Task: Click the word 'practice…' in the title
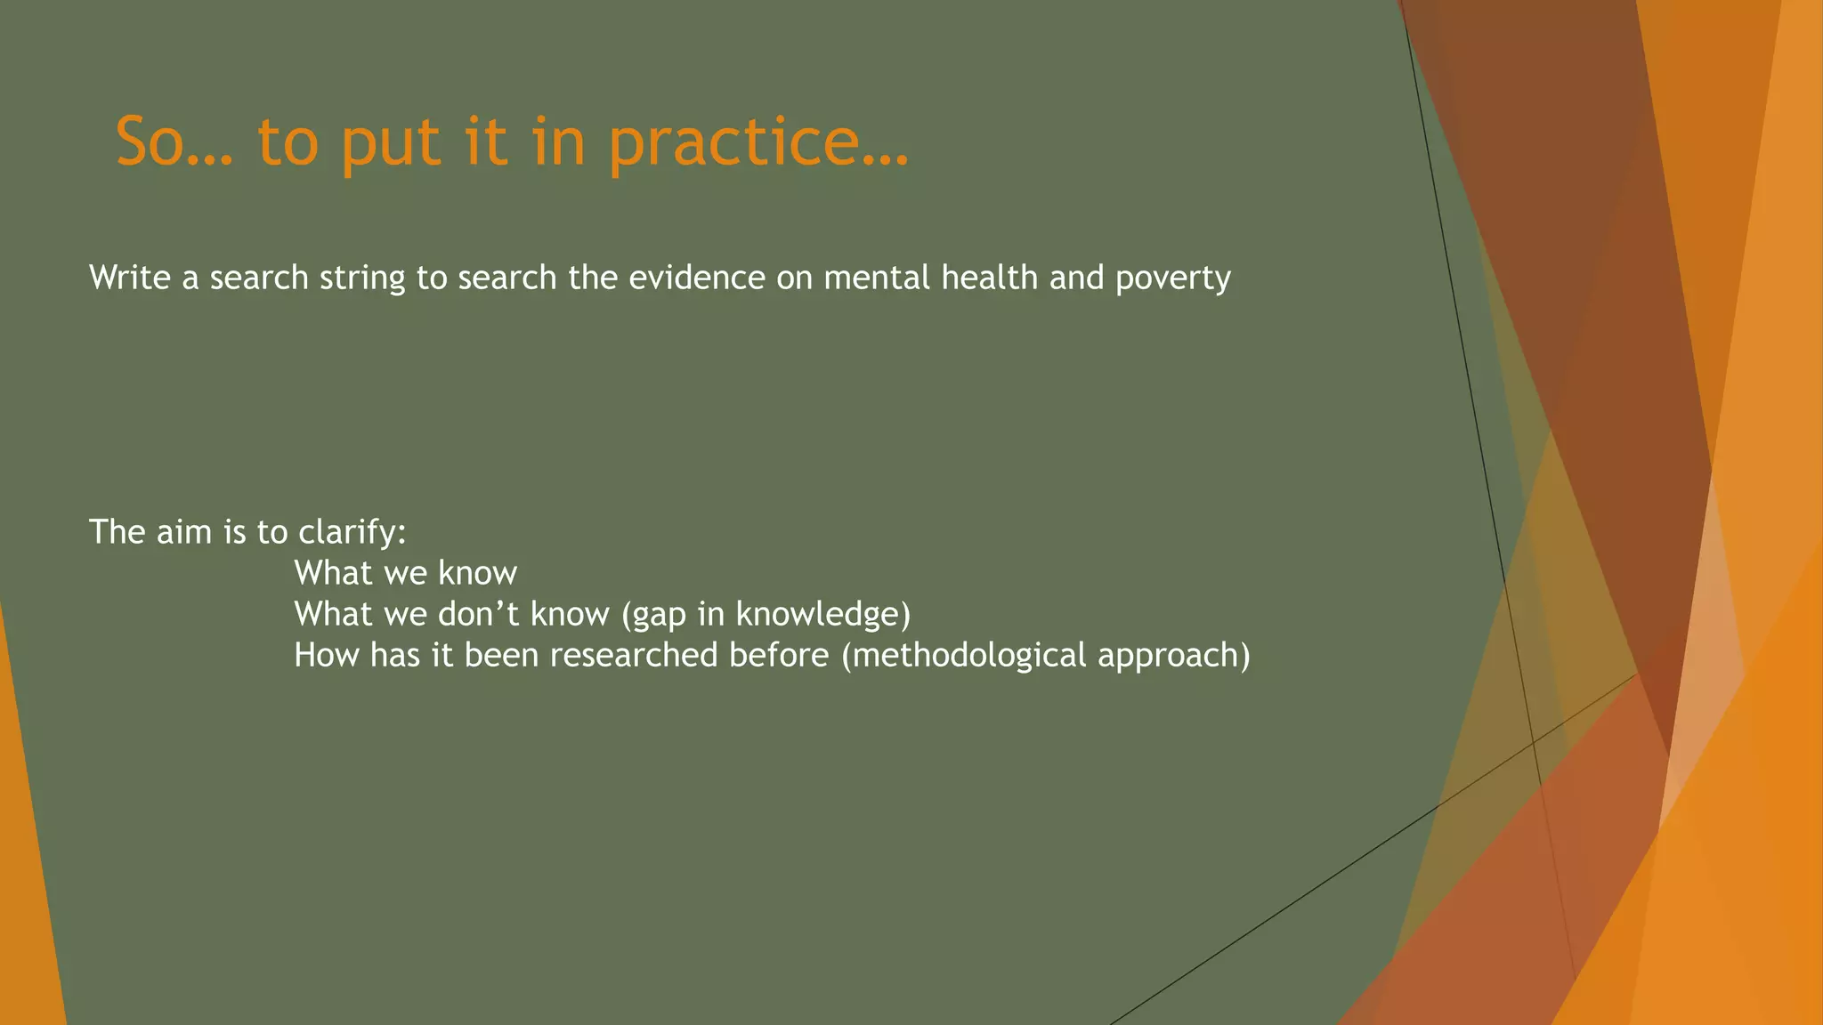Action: (758, 142)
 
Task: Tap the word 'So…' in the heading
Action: (174, 142)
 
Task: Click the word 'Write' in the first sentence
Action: (130, 278)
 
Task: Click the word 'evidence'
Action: (697, 278)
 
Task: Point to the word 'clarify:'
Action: (352, 533)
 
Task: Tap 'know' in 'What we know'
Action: (477, 574)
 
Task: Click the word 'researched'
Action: (634, 656)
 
